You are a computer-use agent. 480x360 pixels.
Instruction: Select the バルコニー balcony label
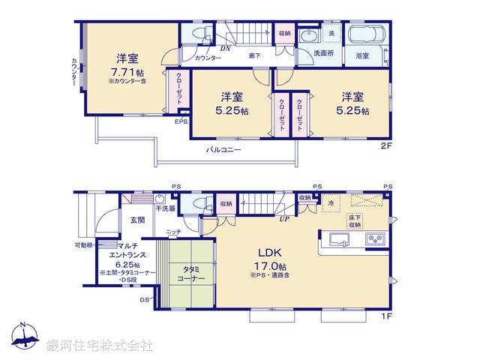coord(224,150)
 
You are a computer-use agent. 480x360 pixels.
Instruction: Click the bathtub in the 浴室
coord(366,36)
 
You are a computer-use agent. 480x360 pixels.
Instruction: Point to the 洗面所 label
coord(324,54)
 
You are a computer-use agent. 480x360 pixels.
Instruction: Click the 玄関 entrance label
coord(137,220)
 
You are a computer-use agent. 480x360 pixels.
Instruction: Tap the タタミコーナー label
coord(191,273)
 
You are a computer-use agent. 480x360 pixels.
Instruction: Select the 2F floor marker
coord(386,147)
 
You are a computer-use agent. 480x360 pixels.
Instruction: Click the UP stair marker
coord(284,219)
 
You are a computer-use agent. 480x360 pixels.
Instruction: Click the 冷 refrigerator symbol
coord(330,203)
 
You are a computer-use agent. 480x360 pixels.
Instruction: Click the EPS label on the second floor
coord(181,121)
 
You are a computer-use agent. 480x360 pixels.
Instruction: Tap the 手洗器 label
coord(165,208)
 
